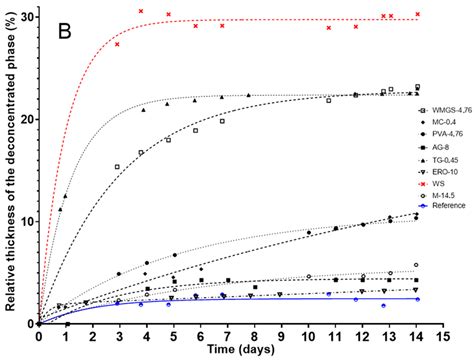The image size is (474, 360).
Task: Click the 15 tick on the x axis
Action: [x=444, y=336]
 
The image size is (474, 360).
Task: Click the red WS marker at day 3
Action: [x=118, y=44]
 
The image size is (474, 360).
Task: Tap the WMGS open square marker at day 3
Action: [x=118, y=167]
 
